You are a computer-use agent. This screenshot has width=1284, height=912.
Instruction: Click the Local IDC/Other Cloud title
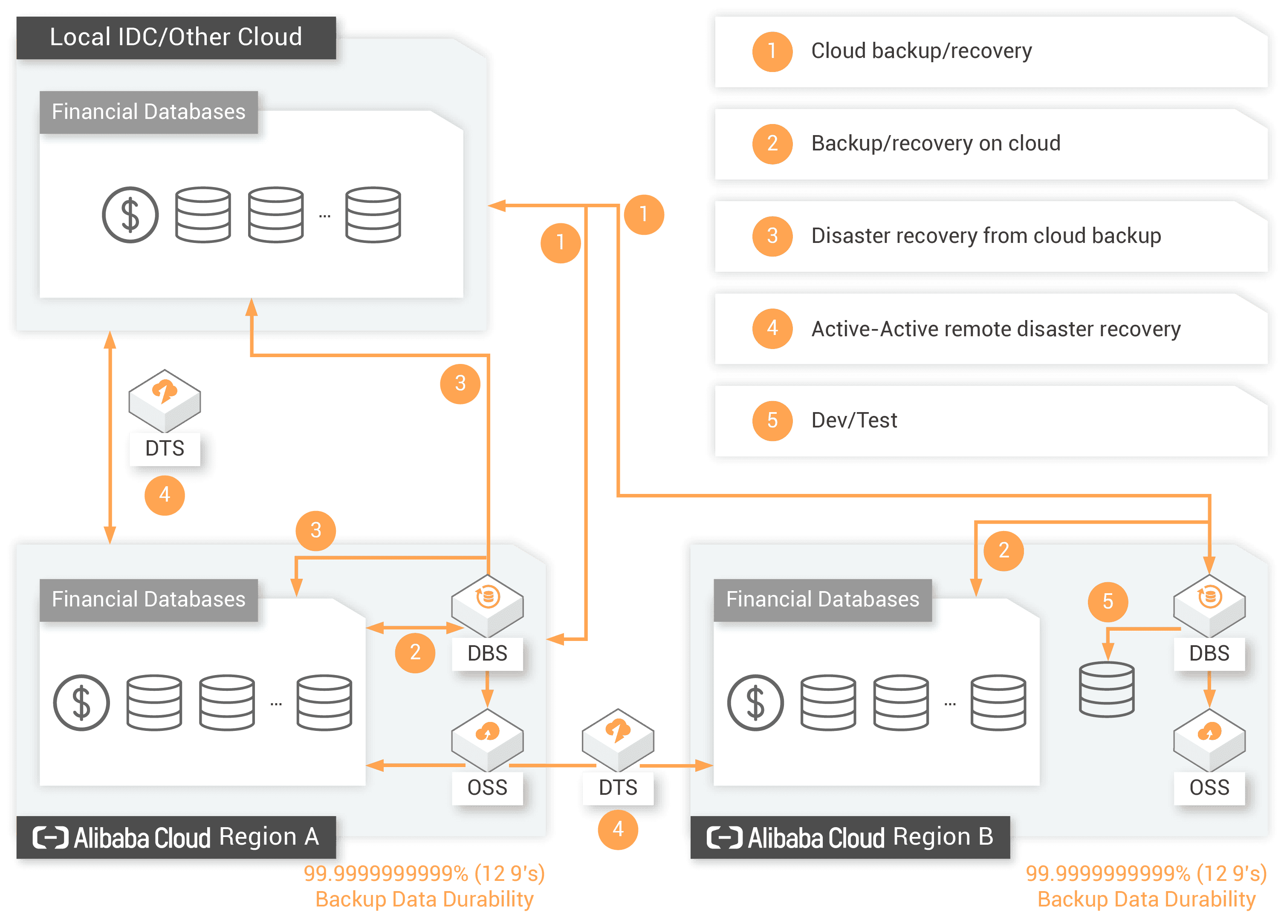(x=176, y=37)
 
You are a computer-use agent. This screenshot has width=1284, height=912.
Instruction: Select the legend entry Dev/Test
(x=854, y=420)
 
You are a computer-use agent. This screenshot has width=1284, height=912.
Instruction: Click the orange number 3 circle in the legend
(x=772, y=236)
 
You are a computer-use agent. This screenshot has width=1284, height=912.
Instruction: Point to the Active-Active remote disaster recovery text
(x=995, y=329)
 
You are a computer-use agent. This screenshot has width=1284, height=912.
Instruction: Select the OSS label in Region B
(x=1209, y=787)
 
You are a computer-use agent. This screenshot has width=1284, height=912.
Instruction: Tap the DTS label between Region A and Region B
(x=618, y=787)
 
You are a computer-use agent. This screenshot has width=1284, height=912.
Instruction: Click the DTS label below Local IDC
(x=165, y=448)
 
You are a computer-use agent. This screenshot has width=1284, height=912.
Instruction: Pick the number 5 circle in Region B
(x=1108, y=601)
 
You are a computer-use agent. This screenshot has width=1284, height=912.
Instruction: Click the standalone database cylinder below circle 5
(x=1107, y=689)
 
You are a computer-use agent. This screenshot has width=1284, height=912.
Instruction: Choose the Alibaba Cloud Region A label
(x=176, y=837)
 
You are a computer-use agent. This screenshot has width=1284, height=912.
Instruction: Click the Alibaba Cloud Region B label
(x=850, y=837)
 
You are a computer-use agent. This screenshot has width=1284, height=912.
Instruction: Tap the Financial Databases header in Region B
(x=822, y=599)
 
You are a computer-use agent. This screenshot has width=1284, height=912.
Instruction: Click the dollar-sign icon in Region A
(x=81, y=702)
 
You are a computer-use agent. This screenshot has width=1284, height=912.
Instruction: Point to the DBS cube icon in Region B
(x=1209, y=604)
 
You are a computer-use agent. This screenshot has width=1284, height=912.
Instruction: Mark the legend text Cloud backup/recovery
(x=921, y=51)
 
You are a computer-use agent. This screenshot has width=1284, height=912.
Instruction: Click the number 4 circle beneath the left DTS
(x=165, y=495)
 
